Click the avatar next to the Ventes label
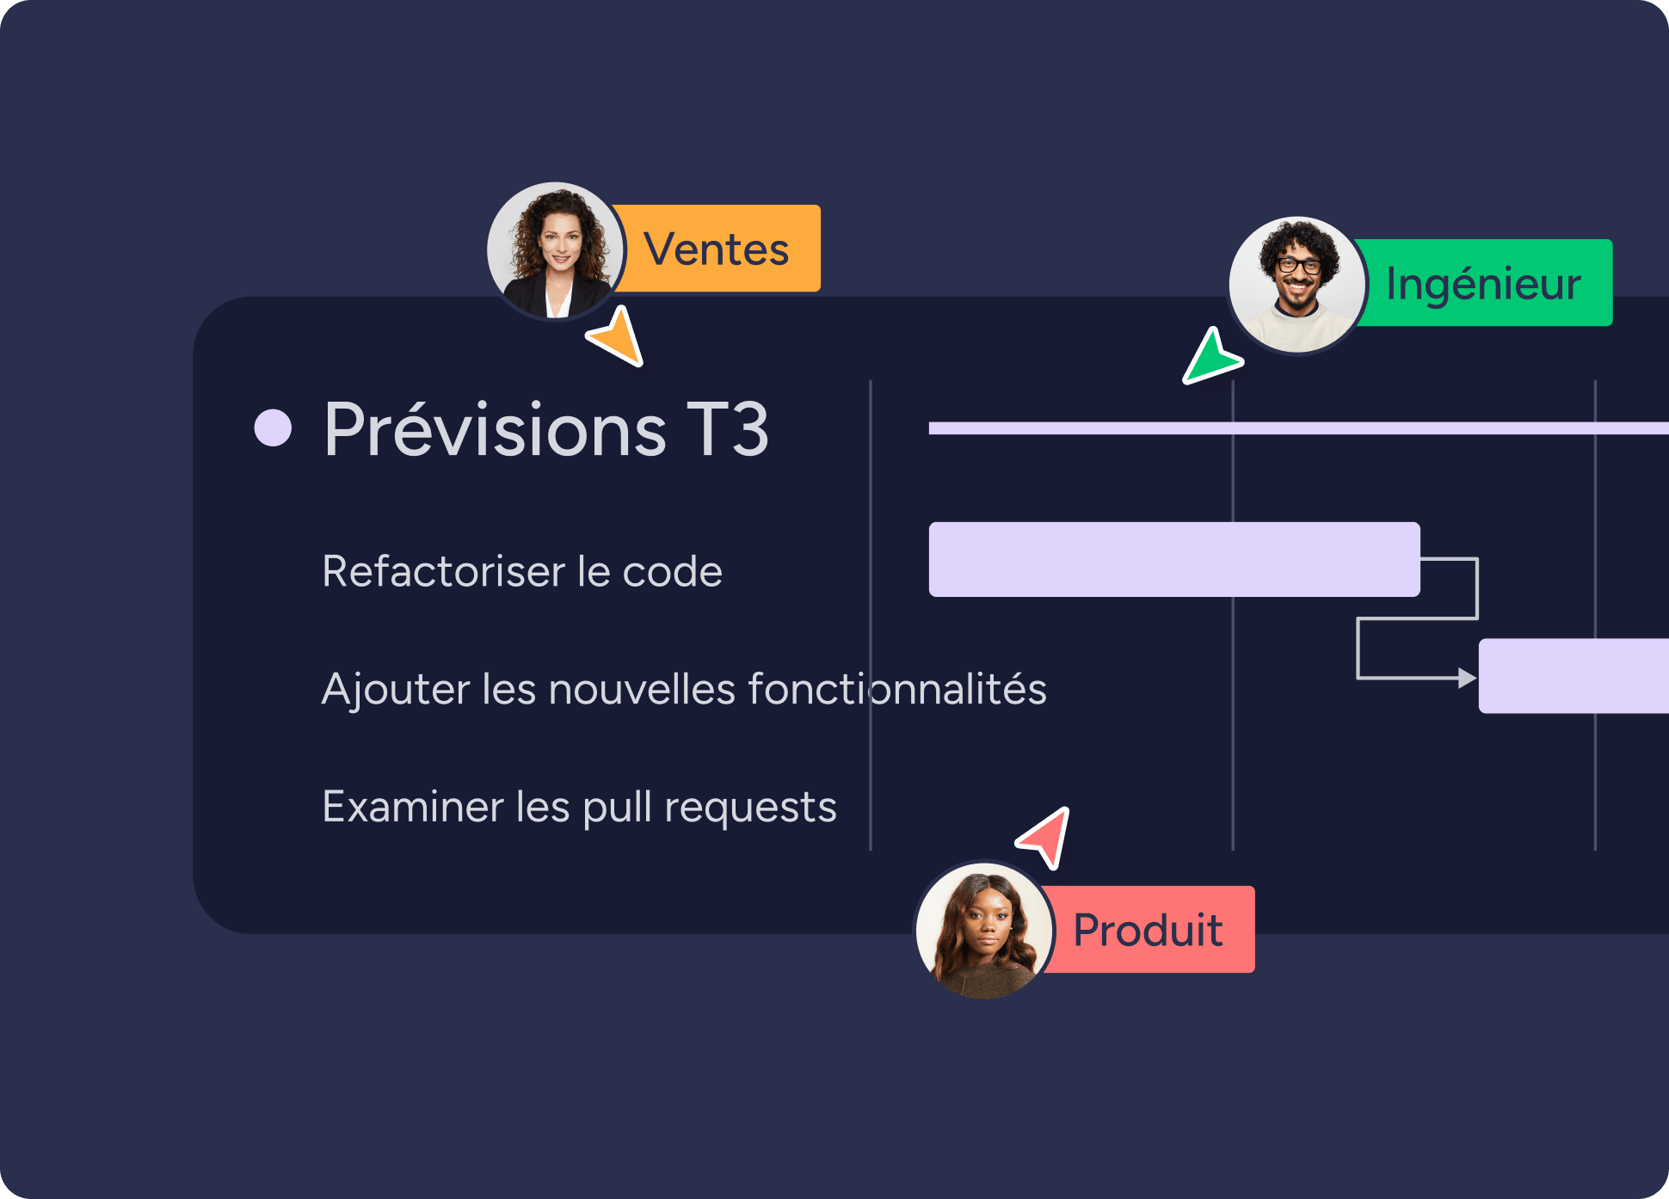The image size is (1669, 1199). [556, 250]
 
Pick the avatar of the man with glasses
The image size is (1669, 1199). [1297, 285]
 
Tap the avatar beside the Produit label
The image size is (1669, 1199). [984, 931]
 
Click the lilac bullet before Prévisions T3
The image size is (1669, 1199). [274, 428]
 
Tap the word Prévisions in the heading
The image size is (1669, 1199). [495, 429]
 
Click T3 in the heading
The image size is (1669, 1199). [728, 429]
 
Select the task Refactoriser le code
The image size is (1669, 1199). [521, 571]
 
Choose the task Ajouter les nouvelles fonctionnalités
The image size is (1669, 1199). [683, 689]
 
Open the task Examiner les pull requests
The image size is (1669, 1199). [578, 807]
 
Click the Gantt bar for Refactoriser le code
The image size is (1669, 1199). [1173, 559]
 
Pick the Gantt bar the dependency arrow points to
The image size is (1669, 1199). [1573, 676]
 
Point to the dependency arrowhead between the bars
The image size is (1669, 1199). [1467, 678]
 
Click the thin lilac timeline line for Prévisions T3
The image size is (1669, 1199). [1290, 428]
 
